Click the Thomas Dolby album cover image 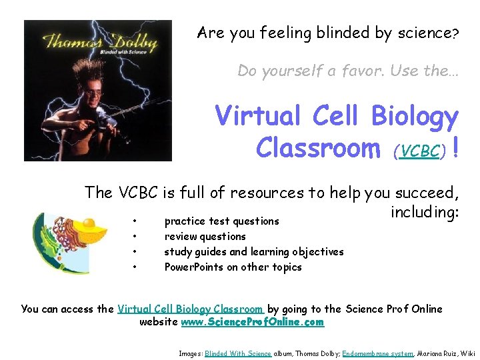click(x=98, y=91)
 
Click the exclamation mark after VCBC click(x=455, y=147)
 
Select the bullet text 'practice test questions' click(x=221, y=221)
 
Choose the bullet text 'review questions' click(x=205, y=236)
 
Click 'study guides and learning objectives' click(x=254, y=251)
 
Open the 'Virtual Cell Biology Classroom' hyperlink click(x=190, y=309)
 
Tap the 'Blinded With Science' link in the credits click(x=237, y=353)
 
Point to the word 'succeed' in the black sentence click(x=426, y=193)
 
